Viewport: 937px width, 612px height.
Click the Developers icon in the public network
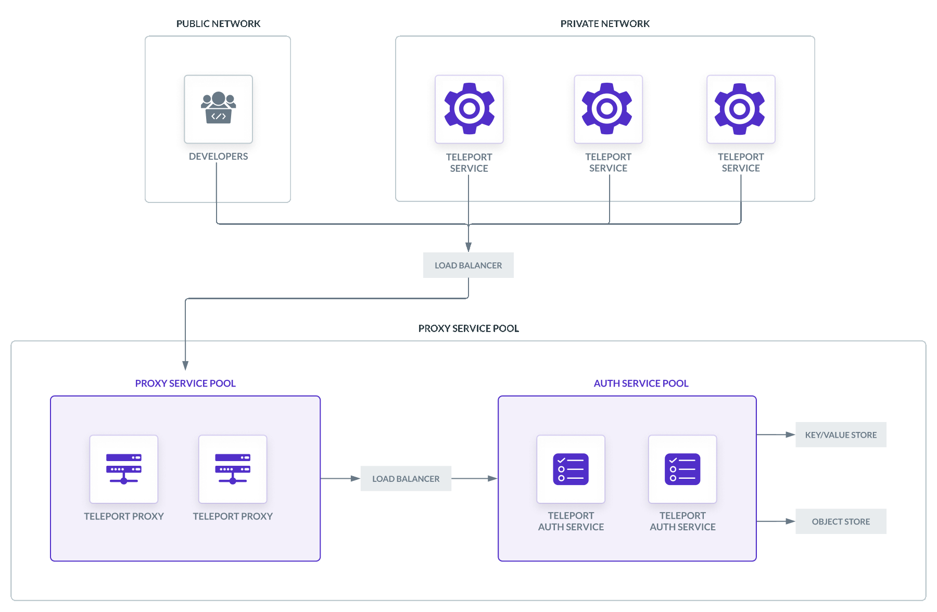(218, 109)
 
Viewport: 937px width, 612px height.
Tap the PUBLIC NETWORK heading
(218, 23)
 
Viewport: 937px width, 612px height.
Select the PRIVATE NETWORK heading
(605, 23)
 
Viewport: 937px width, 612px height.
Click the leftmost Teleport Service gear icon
(469, 109)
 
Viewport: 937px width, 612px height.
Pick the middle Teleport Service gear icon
(607, 109)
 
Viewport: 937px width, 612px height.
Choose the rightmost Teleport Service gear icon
(740, 109)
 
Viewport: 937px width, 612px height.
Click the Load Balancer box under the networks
(468, 265)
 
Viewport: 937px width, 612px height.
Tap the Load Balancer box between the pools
(406, 479)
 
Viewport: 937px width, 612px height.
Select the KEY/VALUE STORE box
(840, 435)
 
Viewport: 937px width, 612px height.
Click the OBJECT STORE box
(840, 521)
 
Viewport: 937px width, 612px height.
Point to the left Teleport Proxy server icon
(124, 469)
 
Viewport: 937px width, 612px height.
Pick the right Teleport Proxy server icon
(233, 469)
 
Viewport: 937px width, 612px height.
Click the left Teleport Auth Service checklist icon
(571, 469)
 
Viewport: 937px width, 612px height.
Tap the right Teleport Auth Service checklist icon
(682, 469)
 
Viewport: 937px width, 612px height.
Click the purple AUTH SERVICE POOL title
(641, 384)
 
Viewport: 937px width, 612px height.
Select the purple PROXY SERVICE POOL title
(185, 384)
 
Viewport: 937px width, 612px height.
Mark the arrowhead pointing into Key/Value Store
(790, 435)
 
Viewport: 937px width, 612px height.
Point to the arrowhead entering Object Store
(790, 521)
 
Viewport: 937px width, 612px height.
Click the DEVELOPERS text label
(218, 156)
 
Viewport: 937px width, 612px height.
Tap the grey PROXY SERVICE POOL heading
(468, 328)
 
